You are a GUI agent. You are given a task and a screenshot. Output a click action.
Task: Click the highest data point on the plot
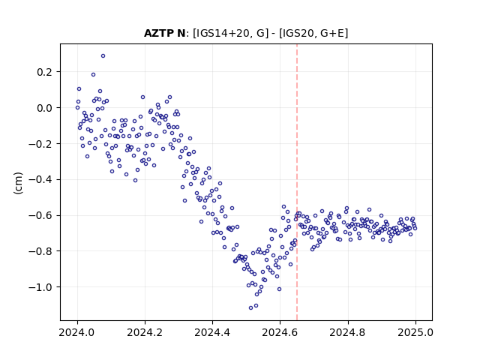(103, 56)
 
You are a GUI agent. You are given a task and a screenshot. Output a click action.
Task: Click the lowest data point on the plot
(251, 307)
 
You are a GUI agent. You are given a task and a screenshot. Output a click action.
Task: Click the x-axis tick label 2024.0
(77, 332)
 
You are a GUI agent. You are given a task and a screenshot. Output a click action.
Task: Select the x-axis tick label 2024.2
(145, 332)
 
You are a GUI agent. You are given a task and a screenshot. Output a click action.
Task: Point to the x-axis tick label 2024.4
(212, 332)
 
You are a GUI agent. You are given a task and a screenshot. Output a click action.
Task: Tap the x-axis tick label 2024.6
(280, 332)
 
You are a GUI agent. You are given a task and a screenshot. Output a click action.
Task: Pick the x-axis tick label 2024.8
(348, 332)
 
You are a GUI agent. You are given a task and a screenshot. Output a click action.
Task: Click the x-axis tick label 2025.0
(415, 332)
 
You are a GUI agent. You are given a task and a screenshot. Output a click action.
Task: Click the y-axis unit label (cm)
(18, 183)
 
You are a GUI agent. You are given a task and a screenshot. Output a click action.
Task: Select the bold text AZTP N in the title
(164, 33)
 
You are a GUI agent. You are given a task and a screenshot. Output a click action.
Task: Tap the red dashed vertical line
(297, 182)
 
